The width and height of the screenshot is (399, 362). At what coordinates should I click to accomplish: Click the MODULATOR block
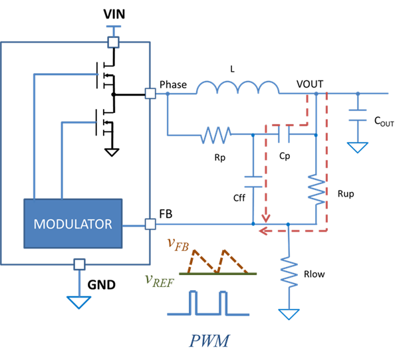[x=73, y=224]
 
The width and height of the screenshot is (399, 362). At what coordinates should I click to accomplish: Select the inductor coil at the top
[x=237, y=88]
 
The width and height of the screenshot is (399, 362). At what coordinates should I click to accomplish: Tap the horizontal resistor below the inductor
[x=215, y=135]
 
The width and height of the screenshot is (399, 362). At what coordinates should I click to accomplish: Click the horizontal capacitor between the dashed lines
[x=283, y=135]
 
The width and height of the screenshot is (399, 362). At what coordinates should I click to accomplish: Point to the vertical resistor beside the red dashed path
[x=316, y=189]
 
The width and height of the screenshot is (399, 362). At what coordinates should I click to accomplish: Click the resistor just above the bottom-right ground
[x=289, y=271]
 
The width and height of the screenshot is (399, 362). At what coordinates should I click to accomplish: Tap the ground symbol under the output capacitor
[x=358, y=147]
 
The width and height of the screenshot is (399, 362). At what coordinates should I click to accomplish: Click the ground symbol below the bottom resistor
[x=289, y=314]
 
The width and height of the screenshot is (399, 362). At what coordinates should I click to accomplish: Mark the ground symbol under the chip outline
[x=79, y=302]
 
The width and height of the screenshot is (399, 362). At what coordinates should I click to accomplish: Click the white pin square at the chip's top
[x=114, y=43]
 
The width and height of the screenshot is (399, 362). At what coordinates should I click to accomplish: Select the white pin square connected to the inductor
[x=150, y=94]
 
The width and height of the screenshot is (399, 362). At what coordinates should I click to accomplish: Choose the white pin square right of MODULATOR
[x=150, y=225]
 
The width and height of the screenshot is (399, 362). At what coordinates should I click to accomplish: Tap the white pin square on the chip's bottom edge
[x=79, y=264]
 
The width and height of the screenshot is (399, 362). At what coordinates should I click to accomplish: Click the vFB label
[x=178, y=245]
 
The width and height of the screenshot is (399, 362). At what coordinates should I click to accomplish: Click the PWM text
[x=209, y=341]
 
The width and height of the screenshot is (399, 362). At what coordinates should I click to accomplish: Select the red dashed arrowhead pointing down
[x=266, y=218]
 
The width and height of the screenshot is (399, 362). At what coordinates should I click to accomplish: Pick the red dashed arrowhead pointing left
[x=264, y=231]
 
